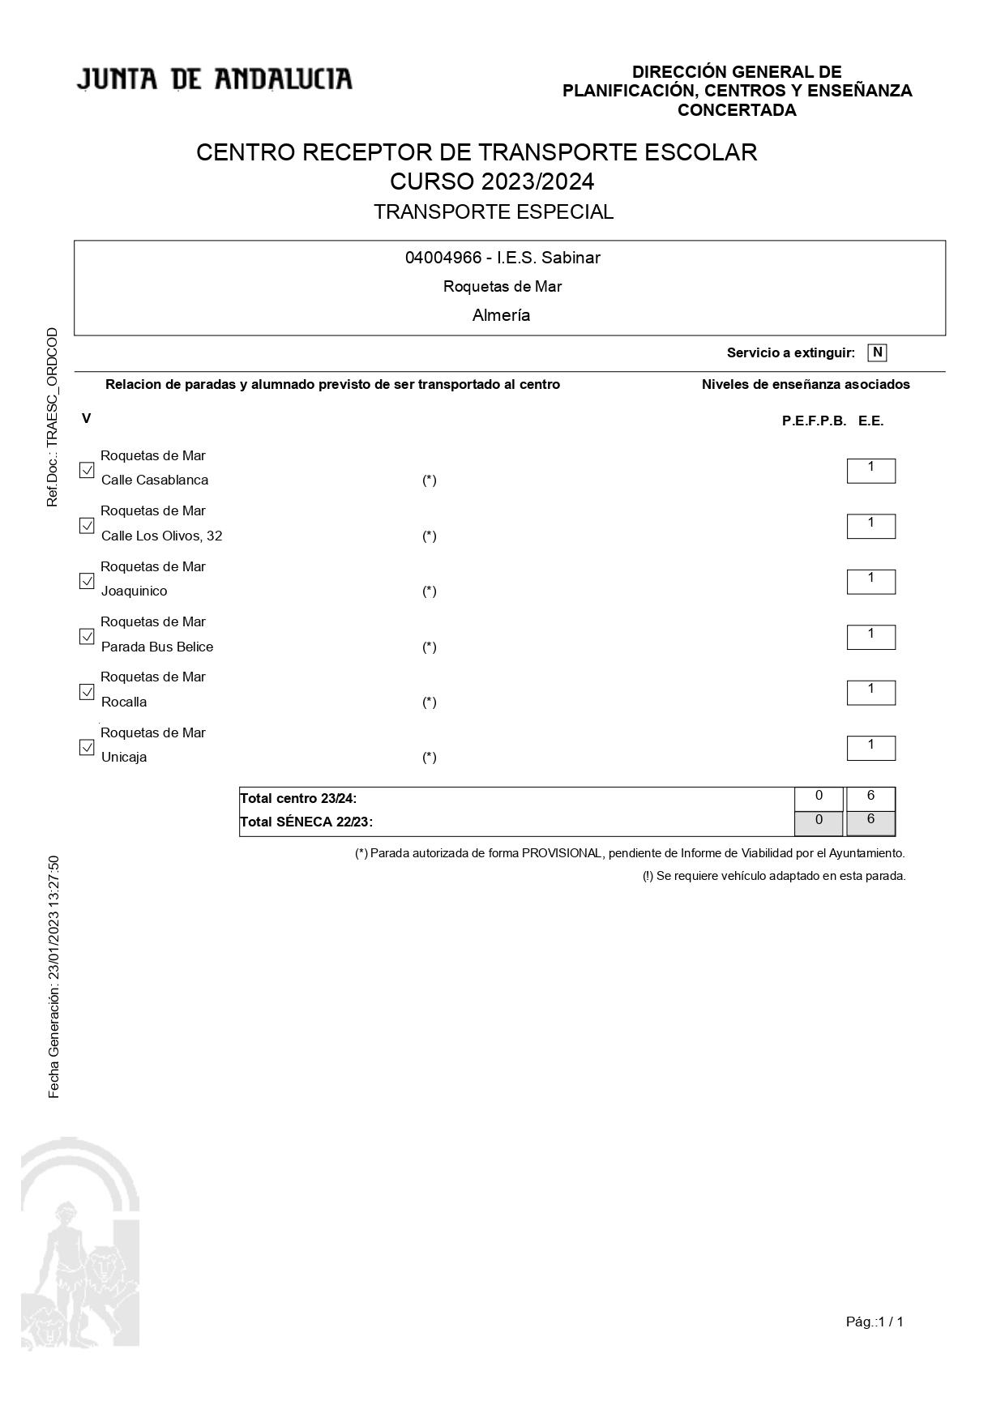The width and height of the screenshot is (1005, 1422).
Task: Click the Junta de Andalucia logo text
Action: pyautogui.click(x=215, y=79)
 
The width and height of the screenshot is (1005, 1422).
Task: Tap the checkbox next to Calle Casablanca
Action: pyautogui.click(x=87, y=470)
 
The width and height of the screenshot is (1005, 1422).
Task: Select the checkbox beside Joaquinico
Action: pyautogui.click(x=87, y=581)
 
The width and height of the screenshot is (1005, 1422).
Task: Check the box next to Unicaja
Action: pyautogui.click(x=87, y=747)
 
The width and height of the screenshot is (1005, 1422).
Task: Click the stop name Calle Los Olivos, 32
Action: pyautogui.click(x=161, y=536)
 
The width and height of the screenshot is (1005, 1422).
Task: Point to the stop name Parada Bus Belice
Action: pyautogui.click(x=157, y=647)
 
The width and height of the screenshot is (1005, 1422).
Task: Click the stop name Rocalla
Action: pyautogui.click(x=124, y=702)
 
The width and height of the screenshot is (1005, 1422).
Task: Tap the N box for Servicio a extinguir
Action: pyautogui.click(x=877, y=352)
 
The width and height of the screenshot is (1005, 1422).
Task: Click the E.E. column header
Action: pyautogui.click(x=870, y=421)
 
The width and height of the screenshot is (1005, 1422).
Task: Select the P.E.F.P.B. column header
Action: pyautogui.click(x=814, y=421)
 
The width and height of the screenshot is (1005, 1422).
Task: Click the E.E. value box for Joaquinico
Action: pyautogui.click(x=870, y=581)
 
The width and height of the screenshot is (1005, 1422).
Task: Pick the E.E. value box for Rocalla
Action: pyautogui.click(x=870, y=692)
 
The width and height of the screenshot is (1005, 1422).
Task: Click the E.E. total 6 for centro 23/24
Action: pyautogui.click(x=870, y=797)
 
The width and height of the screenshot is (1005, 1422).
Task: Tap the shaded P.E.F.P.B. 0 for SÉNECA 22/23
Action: pyautogui.click(x=819, y=822)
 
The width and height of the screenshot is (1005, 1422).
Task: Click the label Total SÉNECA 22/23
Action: pyautogui.click(x=306, y=822)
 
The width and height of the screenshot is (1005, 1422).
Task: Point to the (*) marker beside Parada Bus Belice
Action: pyautogui.click(x=429, y=647)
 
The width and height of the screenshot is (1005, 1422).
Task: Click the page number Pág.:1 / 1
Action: pyautogui.click(x=875, y=1322)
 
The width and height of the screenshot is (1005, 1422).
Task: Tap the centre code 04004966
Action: pyautogui.click(x=443, y=258)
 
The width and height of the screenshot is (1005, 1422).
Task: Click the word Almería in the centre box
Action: pyautogui.click(x=501, y=315)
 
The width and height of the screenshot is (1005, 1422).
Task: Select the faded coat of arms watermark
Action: pyautogui.click(x=79, y=1244)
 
